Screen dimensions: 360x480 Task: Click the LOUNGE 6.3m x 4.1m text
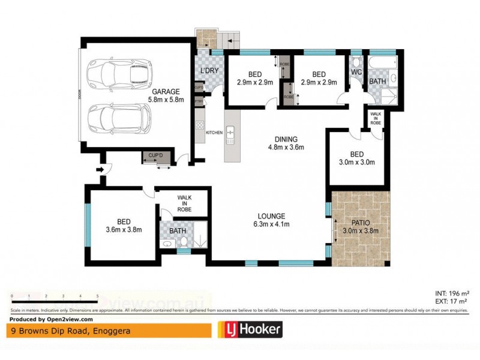pyautogui.click(x=272, y=220)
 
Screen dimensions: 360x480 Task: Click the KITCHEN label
pyautogui.click(x=214, y=132)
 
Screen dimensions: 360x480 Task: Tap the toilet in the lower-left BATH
pyautogui.click(x=184, y=241)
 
